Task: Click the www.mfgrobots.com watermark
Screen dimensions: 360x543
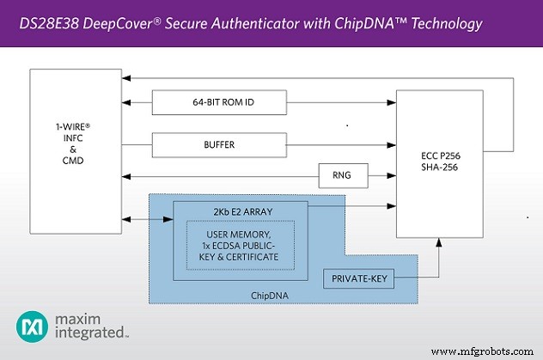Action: coord(484,351)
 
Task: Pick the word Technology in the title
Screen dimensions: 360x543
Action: coord(443,23)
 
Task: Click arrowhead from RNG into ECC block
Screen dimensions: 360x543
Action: coord(391,178)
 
